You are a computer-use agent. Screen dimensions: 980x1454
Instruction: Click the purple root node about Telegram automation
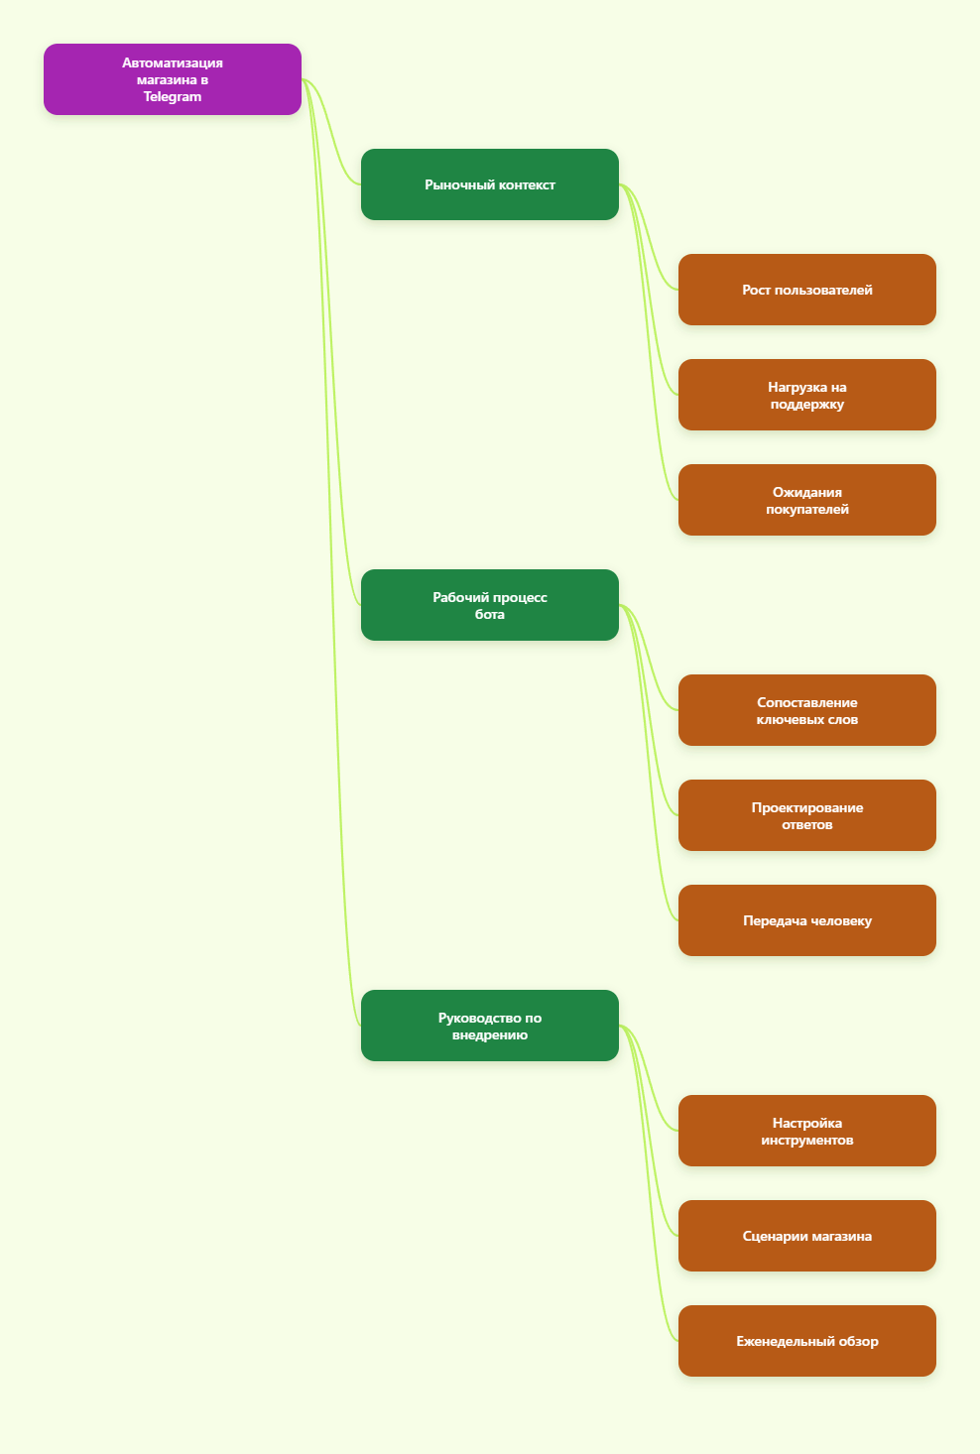172,79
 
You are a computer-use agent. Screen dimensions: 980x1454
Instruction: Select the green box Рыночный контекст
489,184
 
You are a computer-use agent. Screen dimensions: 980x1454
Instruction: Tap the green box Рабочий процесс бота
489,605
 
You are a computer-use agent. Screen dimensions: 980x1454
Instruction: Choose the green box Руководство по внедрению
489,1026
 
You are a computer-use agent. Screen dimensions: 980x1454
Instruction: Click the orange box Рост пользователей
806,290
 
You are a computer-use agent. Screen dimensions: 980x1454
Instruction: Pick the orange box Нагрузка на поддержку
806,395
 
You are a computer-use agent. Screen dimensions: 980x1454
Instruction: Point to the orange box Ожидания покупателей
806,500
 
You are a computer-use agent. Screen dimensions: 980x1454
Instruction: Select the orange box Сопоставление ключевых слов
806,710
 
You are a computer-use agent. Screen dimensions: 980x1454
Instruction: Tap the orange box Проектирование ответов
806,815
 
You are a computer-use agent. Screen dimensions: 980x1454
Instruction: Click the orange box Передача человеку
806,920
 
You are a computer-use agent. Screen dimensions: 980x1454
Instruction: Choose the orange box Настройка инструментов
806,1131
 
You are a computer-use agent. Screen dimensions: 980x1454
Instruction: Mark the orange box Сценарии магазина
806,1236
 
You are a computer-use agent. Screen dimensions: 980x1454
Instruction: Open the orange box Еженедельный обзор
806,1341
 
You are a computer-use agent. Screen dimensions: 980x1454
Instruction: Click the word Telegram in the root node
172,97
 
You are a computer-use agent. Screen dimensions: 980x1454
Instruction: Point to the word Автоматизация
172,62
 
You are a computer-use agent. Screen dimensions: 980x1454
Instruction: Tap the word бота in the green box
489,614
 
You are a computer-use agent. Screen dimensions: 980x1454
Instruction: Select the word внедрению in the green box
489,1034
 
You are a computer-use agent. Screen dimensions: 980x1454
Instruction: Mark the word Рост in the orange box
756,291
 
